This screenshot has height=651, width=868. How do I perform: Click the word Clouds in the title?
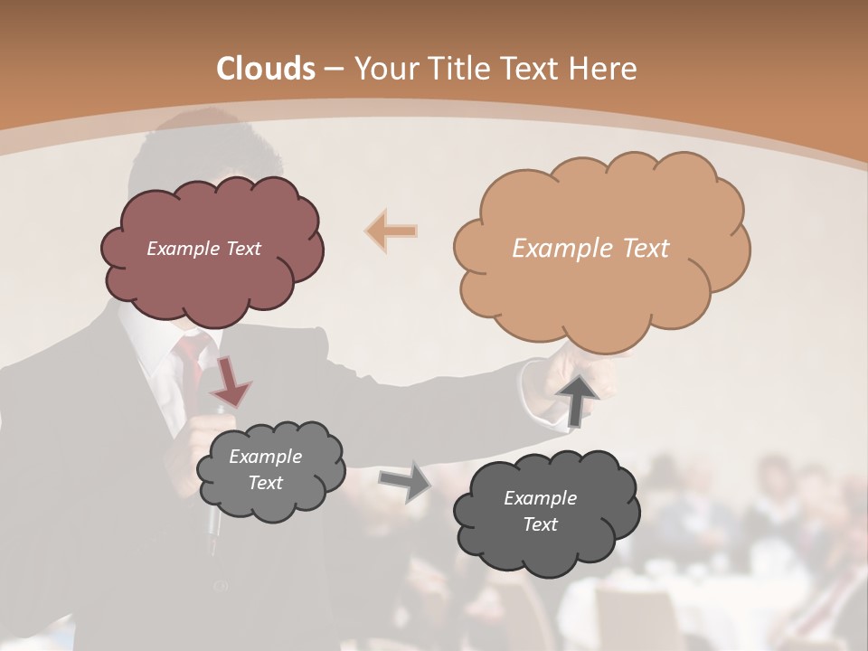pyautogui.click(x=266, y=69)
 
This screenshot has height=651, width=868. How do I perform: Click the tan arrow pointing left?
pyautogui.click(x=392, y=231)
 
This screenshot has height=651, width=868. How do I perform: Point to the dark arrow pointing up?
pyautogui.click(x=578, y=399)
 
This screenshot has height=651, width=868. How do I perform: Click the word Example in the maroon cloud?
pyautogui.click(x=181, y=249)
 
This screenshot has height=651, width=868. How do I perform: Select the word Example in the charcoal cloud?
pyautogui.click(x=540, y=498)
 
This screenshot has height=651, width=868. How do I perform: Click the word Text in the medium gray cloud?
pyautogui.click(x=266, y=483)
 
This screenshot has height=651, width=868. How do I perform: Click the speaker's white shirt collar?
pyautogui.click(x=158, y=357)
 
